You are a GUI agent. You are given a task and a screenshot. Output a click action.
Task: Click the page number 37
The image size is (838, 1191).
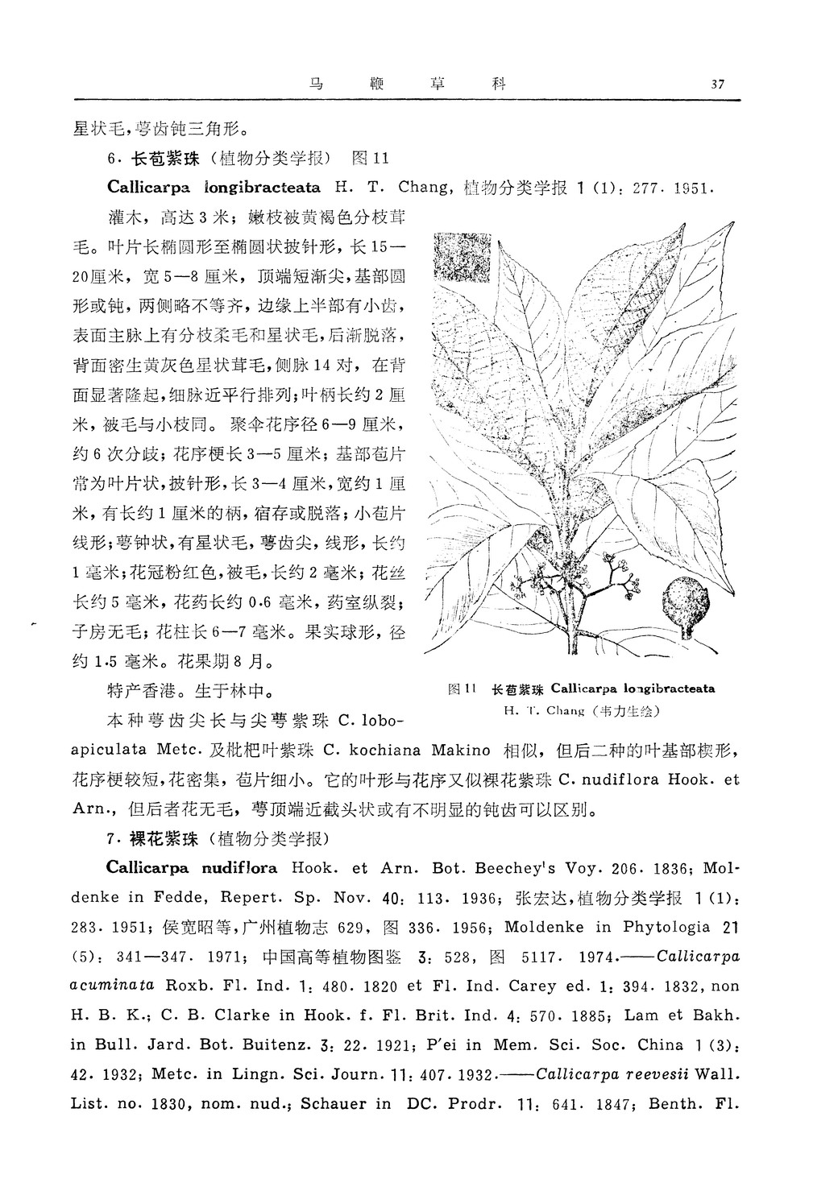click(719, 84)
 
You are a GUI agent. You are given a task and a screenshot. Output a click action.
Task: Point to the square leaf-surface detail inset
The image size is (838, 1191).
click(462, 257)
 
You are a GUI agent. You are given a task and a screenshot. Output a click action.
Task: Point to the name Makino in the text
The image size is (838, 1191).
click(461, 750)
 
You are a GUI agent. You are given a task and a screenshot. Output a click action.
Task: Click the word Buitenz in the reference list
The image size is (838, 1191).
click(276, 1044)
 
